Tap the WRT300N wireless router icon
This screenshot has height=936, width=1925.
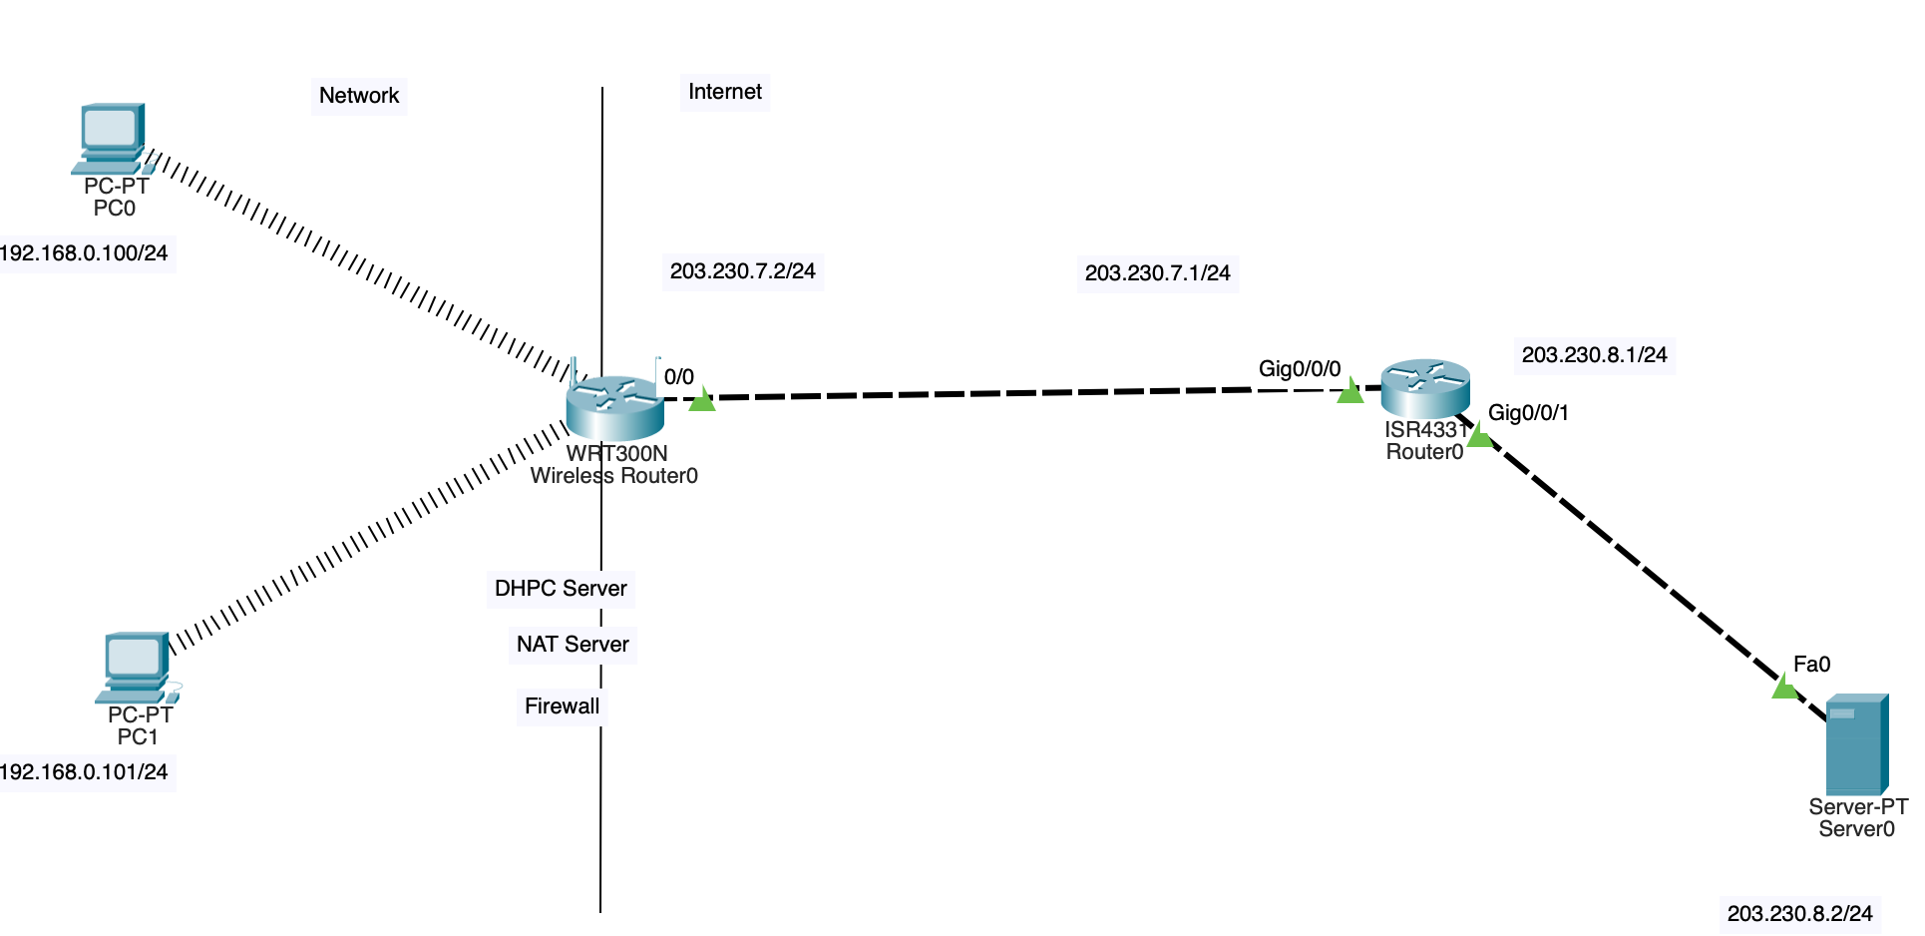pos(614,407)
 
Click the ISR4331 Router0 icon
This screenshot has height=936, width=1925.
pos(1425,388)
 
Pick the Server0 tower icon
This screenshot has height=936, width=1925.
pos(1856,744)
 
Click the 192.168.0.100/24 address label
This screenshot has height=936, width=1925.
pos(84,253)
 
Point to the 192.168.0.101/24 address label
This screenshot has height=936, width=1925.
pos(84,772)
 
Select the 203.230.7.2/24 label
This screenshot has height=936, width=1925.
pos(743,271)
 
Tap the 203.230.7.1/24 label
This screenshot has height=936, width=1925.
pos(1158,273)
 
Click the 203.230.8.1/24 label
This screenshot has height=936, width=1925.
pos(1595,355)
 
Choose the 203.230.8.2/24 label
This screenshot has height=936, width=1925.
pos(1800,914)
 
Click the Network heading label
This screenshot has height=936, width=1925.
pos(359,96)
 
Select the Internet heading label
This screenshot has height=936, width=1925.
pos(725,92)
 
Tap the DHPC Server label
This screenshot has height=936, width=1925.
pos(561,589)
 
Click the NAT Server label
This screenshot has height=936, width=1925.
pos(573,645)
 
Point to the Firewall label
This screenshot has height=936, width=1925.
pos(563,706)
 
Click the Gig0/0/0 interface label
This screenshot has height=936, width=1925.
pos(1300,369)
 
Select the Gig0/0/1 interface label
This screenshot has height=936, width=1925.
pos(1528,413)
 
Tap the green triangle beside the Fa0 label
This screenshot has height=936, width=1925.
pos(1783,687)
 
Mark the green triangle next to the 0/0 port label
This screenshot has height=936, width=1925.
pos(702,400)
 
